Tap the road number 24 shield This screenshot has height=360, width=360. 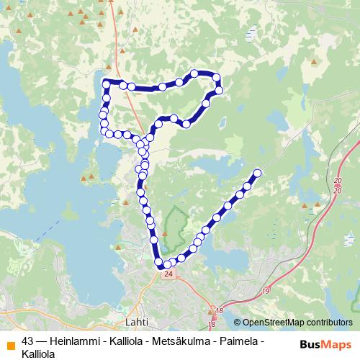(168, 274)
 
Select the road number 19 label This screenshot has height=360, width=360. (266, 290)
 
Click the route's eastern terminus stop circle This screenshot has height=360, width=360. (257, 172)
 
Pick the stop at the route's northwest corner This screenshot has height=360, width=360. (107, 84)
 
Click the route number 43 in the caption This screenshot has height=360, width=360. (28, 341)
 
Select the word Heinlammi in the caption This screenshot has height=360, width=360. (75, 341)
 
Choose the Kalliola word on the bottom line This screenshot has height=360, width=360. (39, 354)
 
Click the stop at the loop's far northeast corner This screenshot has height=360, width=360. (215, 77)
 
